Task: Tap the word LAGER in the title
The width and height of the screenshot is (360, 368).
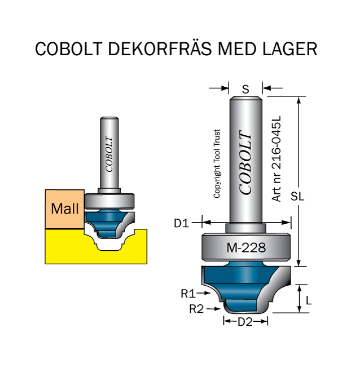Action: pyautogui.click(x=289, y=49)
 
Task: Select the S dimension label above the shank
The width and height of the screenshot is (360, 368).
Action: pyautogui.click(x=245, y=90)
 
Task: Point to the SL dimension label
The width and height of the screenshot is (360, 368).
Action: pyautogui.click(x=297, y=196)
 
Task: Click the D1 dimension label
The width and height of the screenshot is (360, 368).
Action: pyautogui.click(x=181, y=223)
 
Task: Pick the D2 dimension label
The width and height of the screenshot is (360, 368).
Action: pyautogui.click(x=245, y=322)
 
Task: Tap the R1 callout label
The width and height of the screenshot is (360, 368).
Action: pyautogui.click(x=188, y=294)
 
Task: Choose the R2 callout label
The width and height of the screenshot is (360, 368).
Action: pyautogui.click(x=196, y=309)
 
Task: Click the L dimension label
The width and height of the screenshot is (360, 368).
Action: pyautogui.click(x=309, y=300)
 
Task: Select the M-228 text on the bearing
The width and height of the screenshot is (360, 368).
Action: pyautogui.click(x=246, y=247)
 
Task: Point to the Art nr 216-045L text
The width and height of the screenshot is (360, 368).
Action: pyautogui.click(x=276, y=158)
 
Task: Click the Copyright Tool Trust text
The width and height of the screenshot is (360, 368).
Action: pyautogui.click(x=217, y=164)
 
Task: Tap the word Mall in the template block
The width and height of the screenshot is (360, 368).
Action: pyautogui.click(x=65, y=209)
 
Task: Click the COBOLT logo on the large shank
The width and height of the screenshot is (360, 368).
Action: pyautogui.click(x=245, y=163)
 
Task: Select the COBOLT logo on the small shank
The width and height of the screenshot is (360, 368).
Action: pyautogui.click(x=109, y=154)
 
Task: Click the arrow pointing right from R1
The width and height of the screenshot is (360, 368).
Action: pyautogui.click(x=203, y=293)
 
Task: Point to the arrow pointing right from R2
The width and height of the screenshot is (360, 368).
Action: pyautogui.click(x=213, y=309)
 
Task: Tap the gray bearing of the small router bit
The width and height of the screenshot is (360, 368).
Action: pyautogui.click(x=109, y=201)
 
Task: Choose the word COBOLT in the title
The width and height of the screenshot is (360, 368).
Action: pyautogui.click(x=69, y=49)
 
